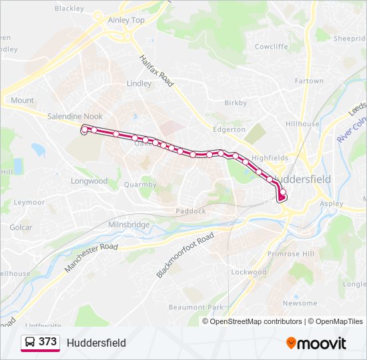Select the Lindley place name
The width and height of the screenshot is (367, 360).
coord(139,84)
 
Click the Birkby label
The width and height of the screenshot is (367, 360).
coord(236,103)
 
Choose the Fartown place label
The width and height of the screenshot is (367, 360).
coord(309,81)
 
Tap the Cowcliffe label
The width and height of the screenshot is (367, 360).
coord(271,47)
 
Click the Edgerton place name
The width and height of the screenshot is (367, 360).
coord(229,129)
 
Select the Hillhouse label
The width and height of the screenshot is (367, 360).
coord(302,124)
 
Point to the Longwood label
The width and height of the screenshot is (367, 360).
coord(89,181)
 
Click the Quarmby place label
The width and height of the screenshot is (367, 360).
coord(140,185)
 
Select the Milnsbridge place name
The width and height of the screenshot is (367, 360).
coord(129,225)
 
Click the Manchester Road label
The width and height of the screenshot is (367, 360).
coord(91,257)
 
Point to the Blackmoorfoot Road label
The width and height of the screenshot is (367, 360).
coord(185,256)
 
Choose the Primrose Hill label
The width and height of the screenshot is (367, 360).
coord(290,254)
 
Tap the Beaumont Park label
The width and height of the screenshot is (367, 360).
coord(196,307)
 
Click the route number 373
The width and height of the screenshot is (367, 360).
coord(47,342)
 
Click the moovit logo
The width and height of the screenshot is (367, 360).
coord(316,343)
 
